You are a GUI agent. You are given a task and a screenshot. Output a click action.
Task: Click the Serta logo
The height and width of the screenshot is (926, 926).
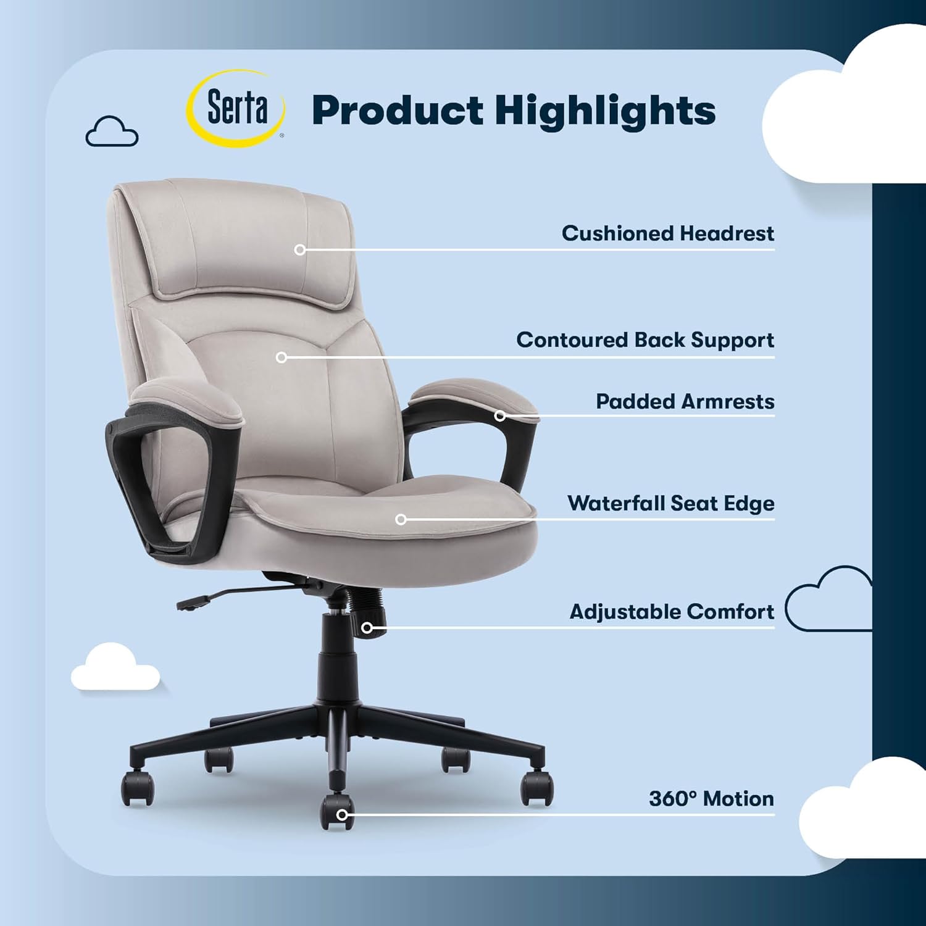click(x=236, y=109)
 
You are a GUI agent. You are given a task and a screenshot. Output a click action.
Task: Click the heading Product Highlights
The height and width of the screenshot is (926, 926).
click(x=514, y=111)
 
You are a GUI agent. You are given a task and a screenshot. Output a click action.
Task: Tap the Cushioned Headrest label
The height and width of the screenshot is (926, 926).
click(x=667, y=233)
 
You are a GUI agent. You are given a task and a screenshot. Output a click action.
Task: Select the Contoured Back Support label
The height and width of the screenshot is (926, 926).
click(x=645, y=340)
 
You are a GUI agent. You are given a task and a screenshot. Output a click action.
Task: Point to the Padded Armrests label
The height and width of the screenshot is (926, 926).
click(x=685, y=401)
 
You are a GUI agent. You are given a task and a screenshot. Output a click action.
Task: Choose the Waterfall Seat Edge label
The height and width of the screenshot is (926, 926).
click(x=670, y=503)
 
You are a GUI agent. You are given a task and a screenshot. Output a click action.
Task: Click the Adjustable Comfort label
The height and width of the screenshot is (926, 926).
click(x=672, y=612)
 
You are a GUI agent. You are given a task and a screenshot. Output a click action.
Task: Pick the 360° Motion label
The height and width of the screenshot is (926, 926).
click(x=711, y=799)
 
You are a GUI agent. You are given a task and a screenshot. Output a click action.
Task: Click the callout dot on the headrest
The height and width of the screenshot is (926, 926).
click(x=300, y=250)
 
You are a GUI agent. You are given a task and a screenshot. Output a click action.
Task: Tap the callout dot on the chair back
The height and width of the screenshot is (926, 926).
click(x=282, y=357)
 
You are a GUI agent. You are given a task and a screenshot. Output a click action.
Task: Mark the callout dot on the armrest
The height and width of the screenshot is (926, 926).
click(x=500, y=416)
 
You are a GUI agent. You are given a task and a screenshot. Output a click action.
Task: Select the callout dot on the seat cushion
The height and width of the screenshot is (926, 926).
click(x=401, y=520)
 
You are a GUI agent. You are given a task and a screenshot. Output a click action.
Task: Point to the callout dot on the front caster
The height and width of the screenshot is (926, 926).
click(x=341, y=815)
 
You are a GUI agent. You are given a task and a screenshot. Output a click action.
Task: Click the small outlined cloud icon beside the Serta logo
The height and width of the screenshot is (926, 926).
click(x=112, y=131)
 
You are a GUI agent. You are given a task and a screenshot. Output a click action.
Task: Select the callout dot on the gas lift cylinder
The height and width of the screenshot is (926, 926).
click(x=367, y=628)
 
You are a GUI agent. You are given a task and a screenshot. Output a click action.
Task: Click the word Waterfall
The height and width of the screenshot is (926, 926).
click(x=616, y=503)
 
